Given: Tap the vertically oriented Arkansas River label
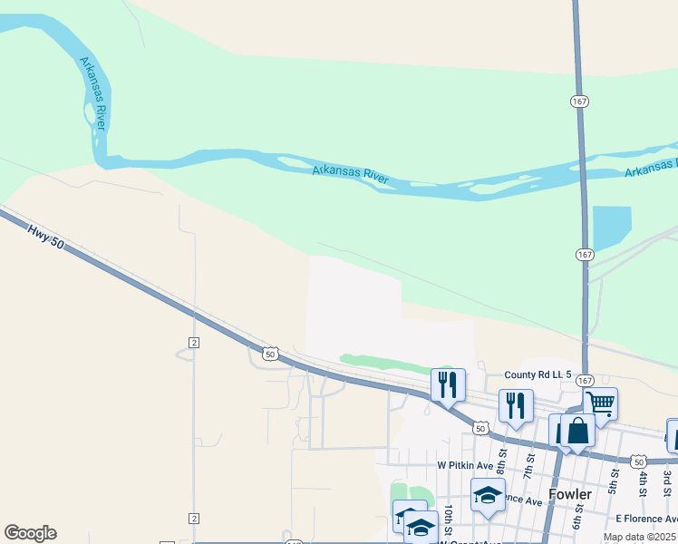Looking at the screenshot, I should pos(92,93).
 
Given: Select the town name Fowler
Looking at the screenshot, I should pos(571,494).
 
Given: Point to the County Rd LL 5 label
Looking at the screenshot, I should pos(538,374).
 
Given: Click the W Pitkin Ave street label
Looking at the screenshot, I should pos(465,466).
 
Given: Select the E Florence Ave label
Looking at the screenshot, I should pos(646,519).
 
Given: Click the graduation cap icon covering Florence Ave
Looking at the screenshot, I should pos(488,495).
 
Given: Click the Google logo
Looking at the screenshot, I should pos(30,533).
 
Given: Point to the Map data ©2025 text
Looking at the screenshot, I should pos(639,537).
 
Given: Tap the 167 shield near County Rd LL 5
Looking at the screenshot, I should pos(585,381).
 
